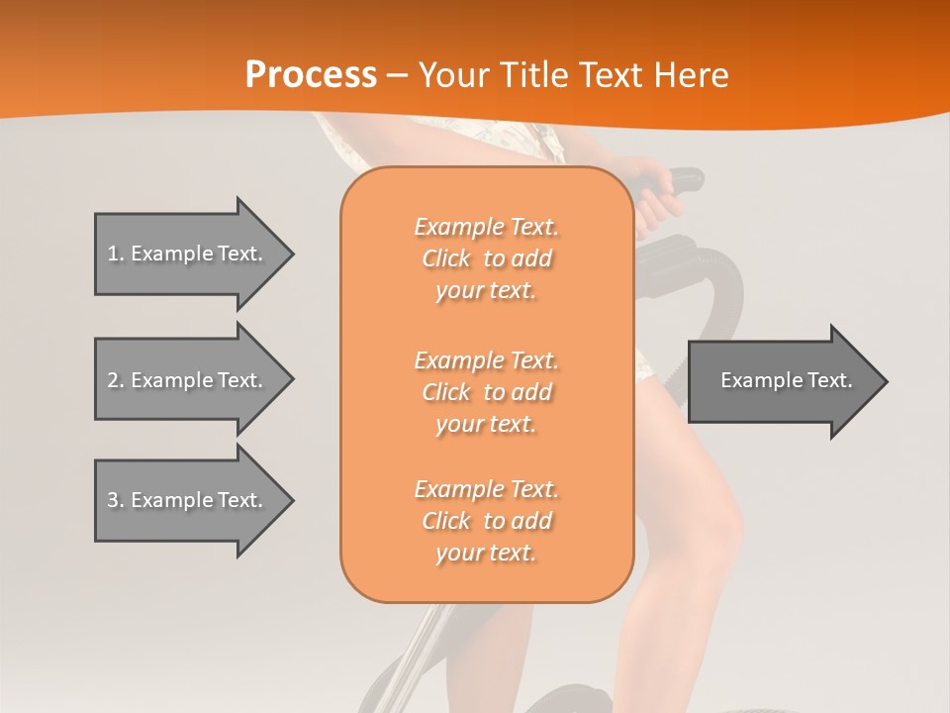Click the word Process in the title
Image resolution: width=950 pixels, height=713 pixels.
coord(311,75)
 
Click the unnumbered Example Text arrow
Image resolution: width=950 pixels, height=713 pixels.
coord(787,380)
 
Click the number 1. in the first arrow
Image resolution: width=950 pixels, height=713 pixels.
coord(116,254)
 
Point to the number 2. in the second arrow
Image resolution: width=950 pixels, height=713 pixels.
coord(116,380)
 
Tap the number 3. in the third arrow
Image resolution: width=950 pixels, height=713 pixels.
coord(116,500)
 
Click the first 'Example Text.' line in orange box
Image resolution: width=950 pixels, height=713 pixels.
coord(486,227)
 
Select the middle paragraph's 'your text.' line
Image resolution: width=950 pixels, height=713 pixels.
coord(486,424)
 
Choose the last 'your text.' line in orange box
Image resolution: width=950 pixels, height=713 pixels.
coord(486,554)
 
